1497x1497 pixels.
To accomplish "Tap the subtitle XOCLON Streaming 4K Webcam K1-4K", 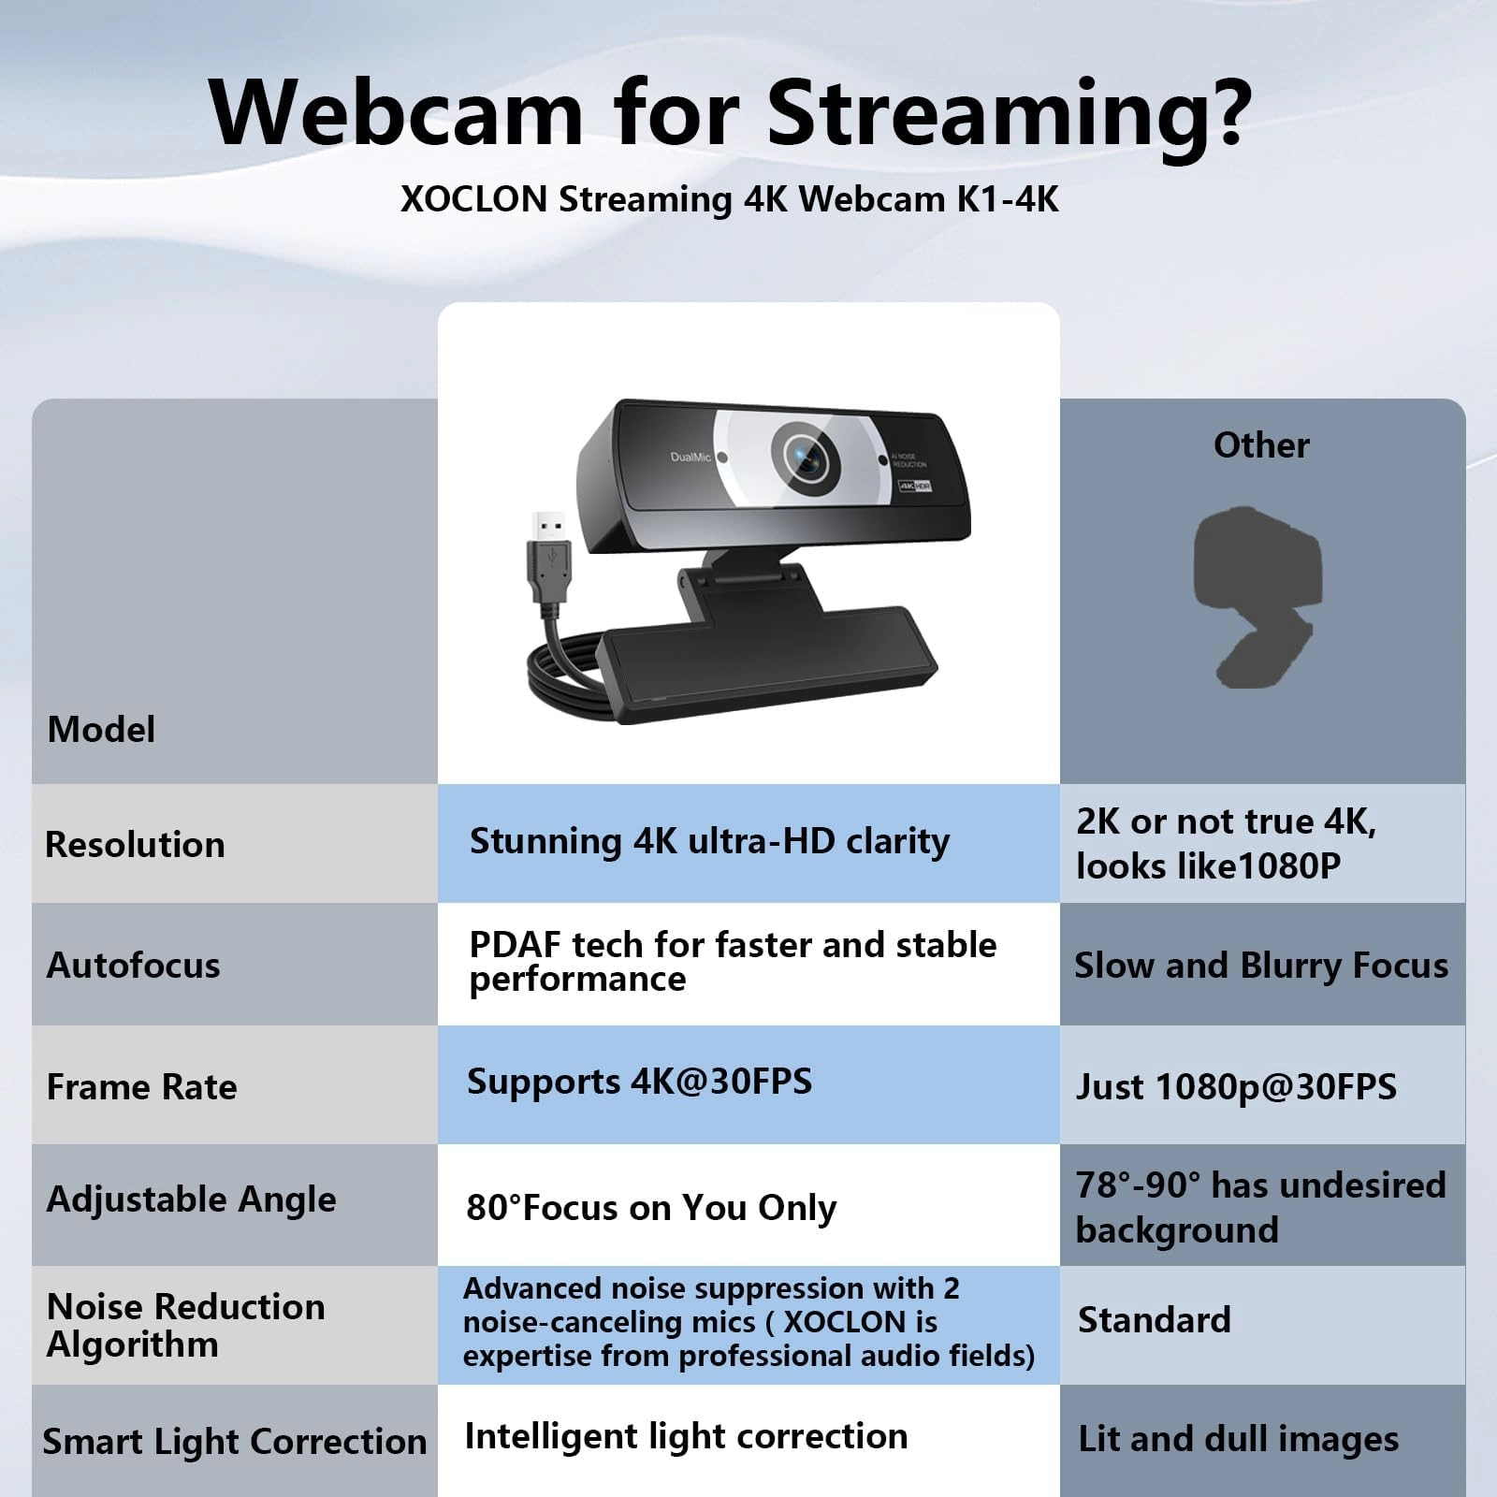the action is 730,199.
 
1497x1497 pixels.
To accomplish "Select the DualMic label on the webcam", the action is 690,458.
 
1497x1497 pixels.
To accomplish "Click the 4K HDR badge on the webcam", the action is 915,486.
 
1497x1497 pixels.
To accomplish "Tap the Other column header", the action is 1261,445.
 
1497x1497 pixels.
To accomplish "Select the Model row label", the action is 101,730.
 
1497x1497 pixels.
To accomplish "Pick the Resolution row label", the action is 136,845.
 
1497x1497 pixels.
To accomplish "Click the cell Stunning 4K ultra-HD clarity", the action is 709,842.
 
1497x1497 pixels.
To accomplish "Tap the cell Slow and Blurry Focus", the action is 1261,966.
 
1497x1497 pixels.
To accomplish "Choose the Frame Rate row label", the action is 142,1087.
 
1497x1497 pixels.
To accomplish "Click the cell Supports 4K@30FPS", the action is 640,1083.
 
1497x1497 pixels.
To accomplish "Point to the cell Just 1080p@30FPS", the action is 1236,1087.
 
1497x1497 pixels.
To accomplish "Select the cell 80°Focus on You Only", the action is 651,1208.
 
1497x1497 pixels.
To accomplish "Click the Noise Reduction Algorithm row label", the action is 185,1325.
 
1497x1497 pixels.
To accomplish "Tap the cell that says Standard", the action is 1155,1320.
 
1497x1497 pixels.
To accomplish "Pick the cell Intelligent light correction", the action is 686,1436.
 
